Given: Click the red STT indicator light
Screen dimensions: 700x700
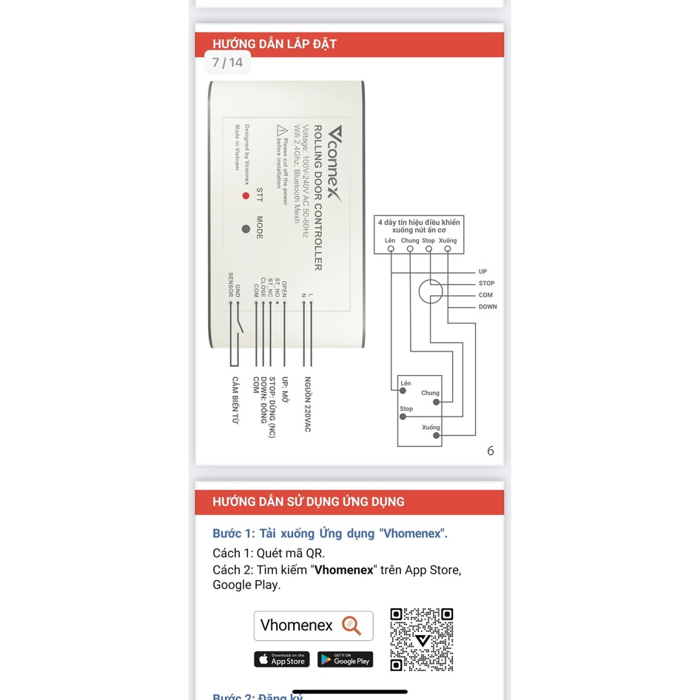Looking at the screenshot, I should (246, 196).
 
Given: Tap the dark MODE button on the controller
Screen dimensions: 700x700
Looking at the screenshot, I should (246, 229).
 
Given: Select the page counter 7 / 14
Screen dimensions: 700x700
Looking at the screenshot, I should (227, 63).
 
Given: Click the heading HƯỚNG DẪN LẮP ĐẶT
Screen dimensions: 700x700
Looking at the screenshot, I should (275, 44).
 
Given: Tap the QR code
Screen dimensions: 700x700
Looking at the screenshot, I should (421, 639).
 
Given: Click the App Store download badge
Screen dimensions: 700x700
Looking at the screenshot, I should (282, 659).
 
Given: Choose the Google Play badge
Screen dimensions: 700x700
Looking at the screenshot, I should (345, 659).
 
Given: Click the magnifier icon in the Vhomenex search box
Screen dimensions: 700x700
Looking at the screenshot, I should (351, 626).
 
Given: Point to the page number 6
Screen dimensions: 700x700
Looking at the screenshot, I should (490, 451).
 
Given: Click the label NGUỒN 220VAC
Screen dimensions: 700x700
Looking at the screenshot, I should (307, 404).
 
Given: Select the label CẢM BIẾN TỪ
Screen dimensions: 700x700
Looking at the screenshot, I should (235, 400).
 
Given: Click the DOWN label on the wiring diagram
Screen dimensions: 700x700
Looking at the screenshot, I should (487, 306).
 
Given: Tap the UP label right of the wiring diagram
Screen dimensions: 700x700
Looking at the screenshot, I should (482, 272).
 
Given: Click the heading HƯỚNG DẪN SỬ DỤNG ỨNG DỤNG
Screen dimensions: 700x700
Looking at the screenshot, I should (309, 502).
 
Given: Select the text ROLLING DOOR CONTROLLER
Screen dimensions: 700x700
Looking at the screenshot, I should (317, 198).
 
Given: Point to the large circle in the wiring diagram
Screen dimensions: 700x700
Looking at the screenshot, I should (430, 291).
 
